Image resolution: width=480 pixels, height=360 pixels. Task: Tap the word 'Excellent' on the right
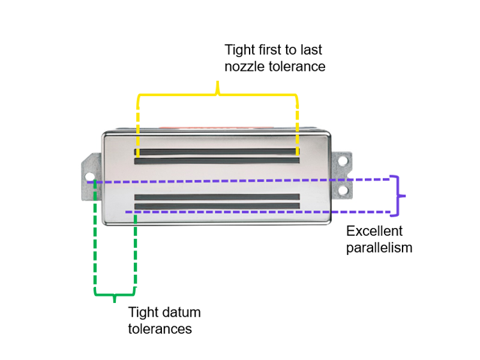[x=374, y=231]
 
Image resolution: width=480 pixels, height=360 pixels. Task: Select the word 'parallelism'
[x=379, y=247]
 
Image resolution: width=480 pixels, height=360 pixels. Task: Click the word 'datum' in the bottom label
[x=182, y=313]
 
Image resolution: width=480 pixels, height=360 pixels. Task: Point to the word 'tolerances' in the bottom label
[x=160, y=329]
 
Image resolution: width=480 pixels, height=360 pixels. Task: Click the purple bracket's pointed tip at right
[x=405, y=196]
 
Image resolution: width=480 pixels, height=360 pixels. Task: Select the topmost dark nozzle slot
[x=217, y=152]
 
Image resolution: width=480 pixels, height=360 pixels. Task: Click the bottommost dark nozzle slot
[x=217, y=206]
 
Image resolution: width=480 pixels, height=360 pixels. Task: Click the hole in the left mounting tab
[x=90, y=177]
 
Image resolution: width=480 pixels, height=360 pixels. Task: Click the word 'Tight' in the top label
[x=240, y=49]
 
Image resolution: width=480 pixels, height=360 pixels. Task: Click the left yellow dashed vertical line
[x=138, y=126]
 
